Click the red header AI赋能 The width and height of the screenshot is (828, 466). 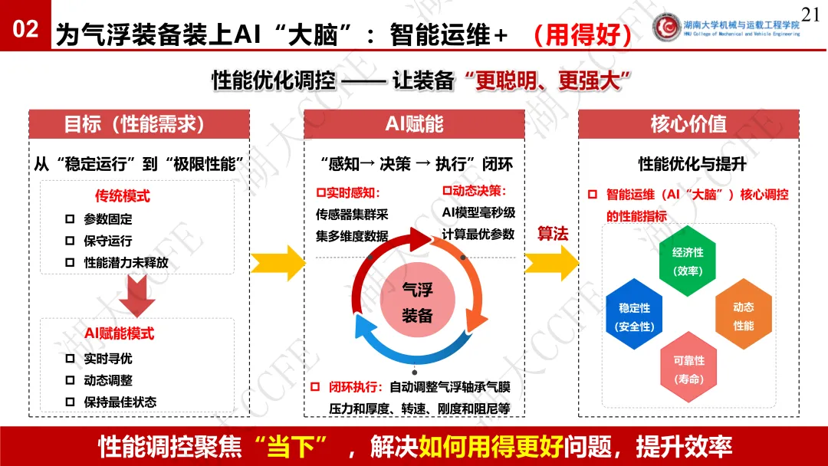tap(414, 124)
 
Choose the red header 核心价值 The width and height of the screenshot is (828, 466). tap(688, 124)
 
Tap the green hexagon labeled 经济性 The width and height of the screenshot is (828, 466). tap(688, 261)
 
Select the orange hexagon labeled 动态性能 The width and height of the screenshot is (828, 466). tap(742, 316)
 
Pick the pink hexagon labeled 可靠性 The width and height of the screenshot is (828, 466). tap(688, 369)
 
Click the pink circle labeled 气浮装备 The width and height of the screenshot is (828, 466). tap(417, 301)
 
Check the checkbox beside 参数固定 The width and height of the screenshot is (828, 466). tap(70, 219)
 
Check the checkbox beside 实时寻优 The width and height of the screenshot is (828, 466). tap(70, 359)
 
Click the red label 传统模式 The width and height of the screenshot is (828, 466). tap(122, 196)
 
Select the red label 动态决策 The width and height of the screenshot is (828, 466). tap(475, 190)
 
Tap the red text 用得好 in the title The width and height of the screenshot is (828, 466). tap(583, 33)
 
